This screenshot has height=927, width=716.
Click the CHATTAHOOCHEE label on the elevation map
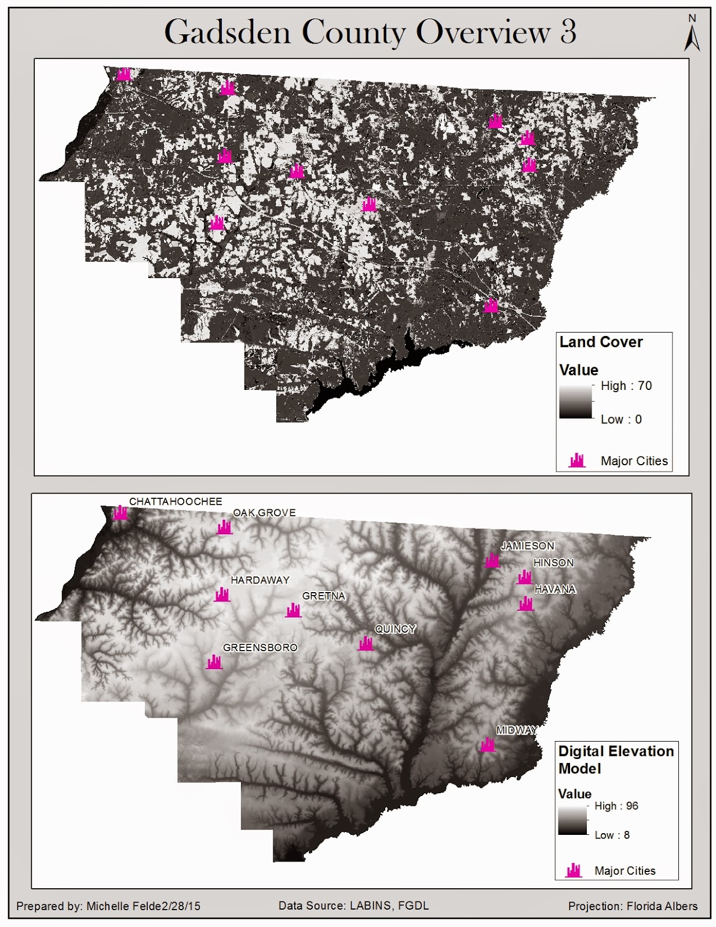175,501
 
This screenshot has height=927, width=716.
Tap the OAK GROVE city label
264,513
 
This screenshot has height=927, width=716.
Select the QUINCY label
396,629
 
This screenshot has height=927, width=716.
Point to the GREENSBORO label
260,647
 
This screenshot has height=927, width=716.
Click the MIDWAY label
516,730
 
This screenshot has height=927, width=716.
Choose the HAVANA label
555,589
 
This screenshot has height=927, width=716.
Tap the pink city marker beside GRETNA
294,610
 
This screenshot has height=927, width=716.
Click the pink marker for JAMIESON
492,560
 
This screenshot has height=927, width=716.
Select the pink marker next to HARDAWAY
222,594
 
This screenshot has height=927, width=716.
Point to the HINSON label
553,563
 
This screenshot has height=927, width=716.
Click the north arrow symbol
692,35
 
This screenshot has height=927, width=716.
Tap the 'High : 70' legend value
626,386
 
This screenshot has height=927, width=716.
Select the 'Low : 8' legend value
612,835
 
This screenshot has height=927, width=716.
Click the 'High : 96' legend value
616,806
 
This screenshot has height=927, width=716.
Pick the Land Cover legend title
601,342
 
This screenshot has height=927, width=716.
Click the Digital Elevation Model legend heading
615,760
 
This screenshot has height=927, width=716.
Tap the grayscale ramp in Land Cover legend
575,401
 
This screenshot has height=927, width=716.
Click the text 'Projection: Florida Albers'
633,906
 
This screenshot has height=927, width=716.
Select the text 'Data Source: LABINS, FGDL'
353,906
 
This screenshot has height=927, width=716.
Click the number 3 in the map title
568,32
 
